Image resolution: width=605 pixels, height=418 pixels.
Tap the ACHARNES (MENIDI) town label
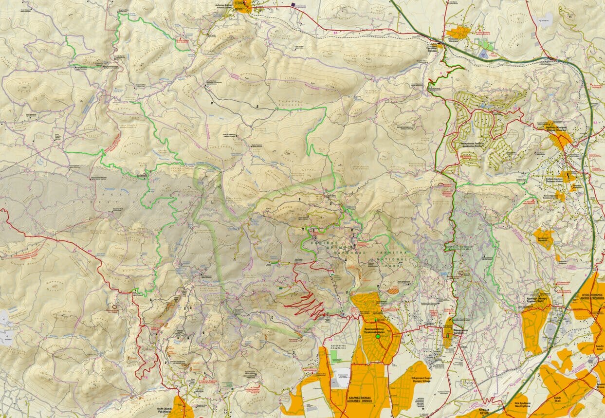point(360,397)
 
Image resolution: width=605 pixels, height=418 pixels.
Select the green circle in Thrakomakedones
point(377,336)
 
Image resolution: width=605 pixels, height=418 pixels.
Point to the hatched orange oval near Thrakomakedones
point(392,291)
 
